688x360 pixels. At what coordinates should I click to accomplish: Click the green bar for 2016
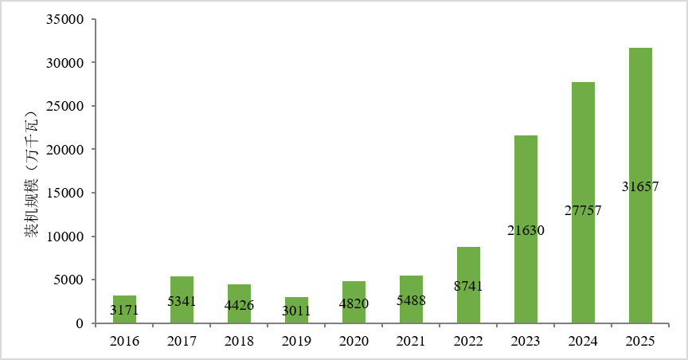pos(124,310)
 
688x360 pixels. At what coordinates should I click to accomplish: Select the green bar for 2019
pos(296,311)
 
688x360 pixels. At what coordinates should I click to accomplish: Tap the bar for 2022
pos(468,285)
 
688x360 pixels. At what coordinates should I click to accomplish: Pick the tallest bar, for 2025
pos(640,186)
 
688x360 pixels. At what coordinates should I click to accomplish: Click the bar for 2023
pos(526,229)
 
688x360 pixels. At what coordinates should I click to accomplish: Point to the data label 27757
pos(583,211)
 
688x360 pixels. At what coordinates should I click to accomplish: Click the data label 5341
pos(182,302)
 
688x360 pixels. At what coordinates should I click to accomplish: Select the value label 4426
pos(239,305)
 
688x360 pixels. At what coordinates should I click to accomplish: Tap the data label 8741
pos(468,286)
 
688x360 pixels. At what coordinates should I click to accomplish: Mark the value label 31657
pos(640,186)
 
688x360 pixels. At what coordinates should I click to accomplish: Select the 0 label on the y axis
pos(80,323)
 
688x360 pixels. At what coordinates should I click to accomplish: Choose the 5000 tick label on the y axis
pos(68,280)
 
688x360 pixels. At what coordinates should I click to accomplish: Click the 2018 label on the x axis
pos(239,341)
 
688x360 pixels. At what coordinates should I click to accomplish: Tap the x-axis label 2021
pos(411,341)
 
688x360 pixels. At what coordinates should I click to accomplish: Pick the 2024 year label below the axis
pos(583,341)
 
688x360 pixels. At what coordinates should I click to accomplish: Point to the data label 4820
pos(354,303)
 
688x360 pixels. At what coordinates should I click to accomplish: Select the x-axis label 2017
pos(182,341)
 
